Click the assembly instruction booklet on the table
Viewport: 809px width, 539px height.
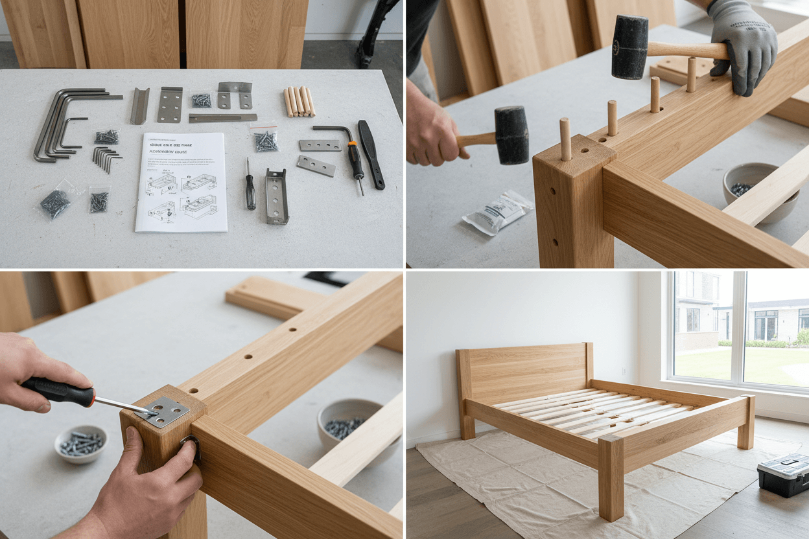(x=181, y=182)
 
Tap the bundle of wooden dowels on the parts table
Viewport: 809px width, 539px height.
(x=299, y=102)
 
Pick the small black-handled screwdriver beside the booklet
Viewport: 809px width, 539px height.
(x=250, y=189)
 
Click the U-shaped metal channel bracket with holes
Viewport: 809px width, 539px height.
(x=276, y=196)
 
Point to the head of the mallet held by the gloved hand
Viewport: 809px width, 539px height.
(x=629, y=47)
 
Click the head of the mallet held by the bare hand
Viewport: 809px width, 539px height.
(x=512, y=135)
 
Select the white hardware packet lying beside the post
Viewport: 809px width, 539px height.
(x=498, y=212)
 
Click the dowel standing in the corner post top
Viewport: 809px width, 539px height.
(x=565, y=139)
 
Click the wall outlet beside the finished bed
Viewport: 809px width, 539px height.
(x=624, y=373)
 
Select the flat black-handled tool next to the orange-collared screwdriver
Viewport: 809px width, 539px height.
(x=371, y=154)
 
